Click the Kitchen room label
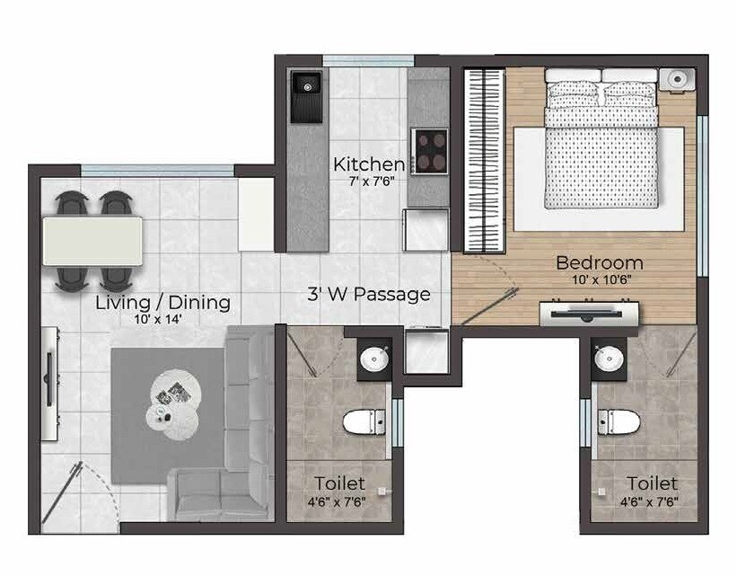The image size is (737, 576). pos(368,164)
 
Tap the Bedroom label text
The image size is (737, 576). pos(599,263)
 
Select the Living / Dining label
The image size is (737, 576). pos(162,303)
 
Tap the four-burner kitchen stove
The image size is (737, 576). pos(430,150)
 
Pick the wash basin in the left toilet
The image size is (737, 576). pos(373,360)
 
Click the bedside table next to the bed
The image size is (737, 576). pos(678,80)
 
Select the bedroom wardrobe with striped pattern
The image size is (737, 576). pos(482,159)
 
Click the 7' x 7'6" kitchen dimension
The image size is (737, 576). pos(371,180)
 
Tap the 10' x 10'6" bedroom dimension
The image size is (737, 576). pos(599,279)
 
